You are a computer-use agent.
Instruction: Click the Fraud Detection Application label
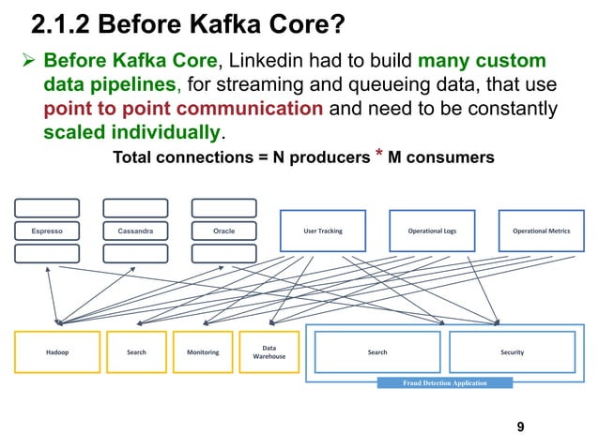pos(445,382)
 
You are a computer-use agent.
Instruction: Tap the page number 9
pos(520,426)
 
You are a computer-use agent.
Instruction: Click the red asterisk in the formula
pos(379,153)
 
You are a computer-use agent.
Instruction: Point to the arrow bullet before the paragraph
pos(29,60)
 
